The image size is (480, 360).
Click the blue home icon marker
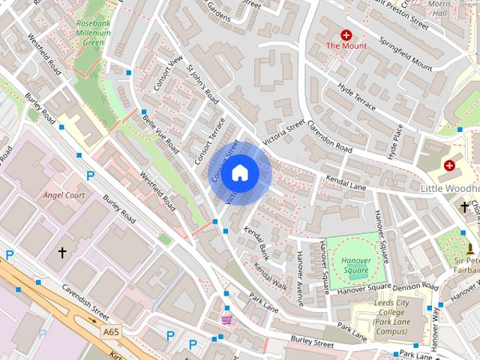coord(239,173)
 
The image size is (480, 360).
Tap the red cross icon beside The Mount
coord(346,34)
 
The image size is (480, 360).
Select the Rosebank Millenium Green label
coord(94,33)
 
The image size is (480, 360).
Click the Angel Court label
coord(64,195)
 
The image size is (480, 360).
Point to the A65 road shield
coord(112,331)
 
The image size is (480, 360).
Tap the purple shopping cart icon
coord(226,319)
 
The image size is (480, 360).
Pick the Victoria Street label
coord(283,133)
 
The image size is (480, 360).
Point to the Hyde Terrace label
coord(356,98)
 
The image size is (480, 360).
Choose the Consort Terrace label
coord(210,141)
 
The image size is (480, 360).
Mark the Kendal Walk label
coord(270,277)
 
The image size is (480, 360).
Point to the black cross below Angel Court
coord(62,253)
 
